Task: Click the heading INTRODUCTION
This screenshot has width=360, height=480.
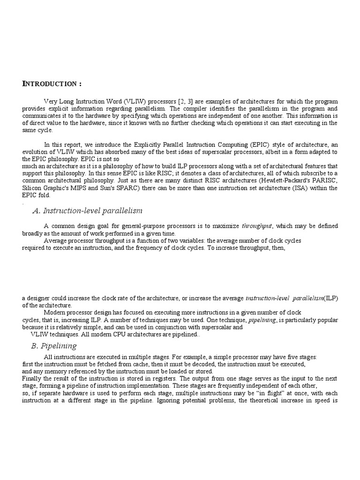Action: [52, 84]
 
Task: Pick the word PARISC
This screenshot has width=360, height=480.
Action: [325, 181]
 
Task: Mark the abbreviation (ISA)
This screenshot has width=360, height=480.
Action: [301, 188]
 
